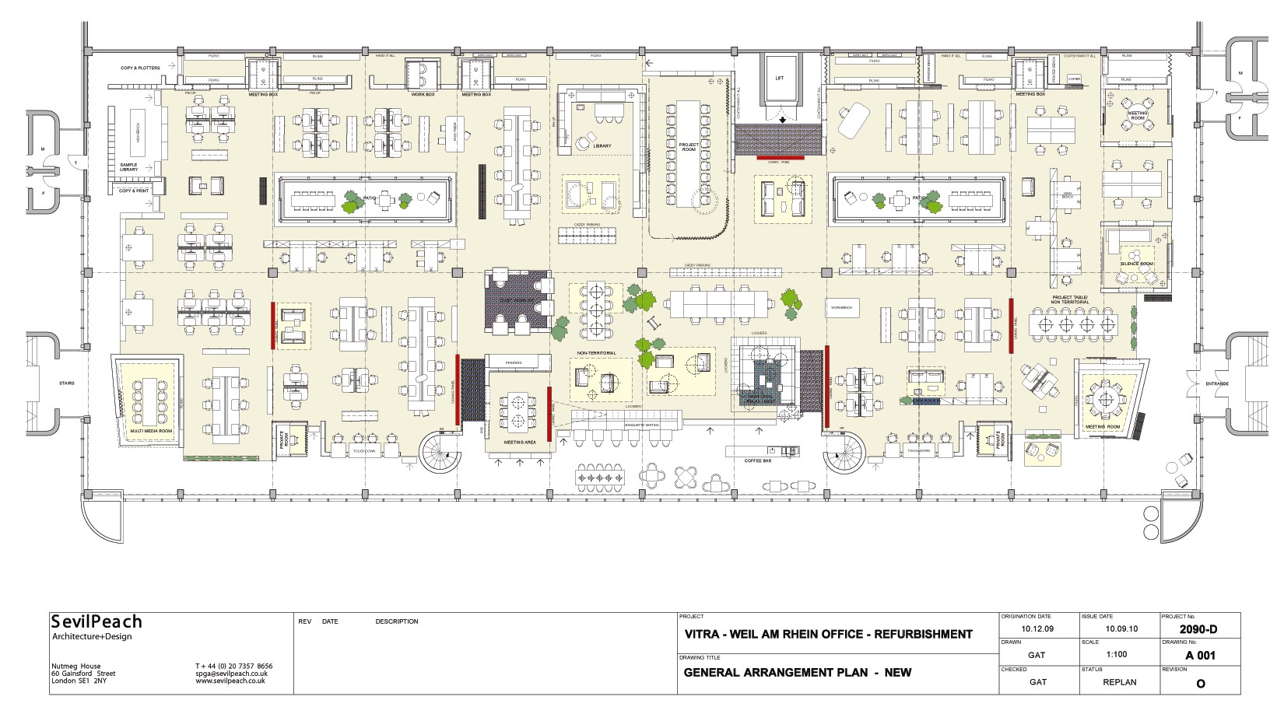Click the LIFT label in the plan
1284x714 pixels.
pos(780,79)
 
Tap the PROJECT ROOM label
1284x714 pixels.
pos(689,147)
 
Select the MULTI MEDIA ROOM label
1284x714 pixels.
pos(151,430)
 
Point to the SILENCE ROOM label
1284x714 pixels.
pos(1136,264)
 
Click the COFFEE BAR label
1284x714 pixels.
pos(757,460)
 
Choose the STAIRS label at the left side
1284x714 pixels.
pos(67,383)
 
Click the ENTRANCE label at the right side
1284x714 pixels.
pos(1217,383)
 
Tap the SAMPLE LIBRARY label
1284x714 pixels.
pos(128,167)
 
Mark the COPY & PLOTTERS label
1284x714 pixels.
pos(140,68)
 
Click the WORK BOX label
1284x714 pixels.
pos(423,94)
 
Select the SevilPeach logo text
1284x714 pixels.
pos(96,621)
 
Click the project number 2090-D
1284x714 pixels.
pos(1198,629)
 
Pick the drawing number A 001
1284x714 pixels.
pos(1200,656)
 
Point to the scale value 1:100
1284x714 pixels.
pos(1116,654)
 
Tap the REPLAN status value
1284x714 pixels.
pos(1119,682)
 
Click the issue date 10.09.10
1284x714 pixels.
pos(1121,628)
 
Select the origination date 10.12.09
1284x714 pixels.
pos(1037,628)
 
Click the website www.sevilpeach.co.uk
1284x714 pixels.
pos(230,681)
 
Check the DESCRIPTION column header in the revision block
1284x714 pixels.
pos(396,621)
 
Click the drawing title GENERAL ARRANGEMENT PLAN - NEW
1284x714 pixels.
pos(797,673)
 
